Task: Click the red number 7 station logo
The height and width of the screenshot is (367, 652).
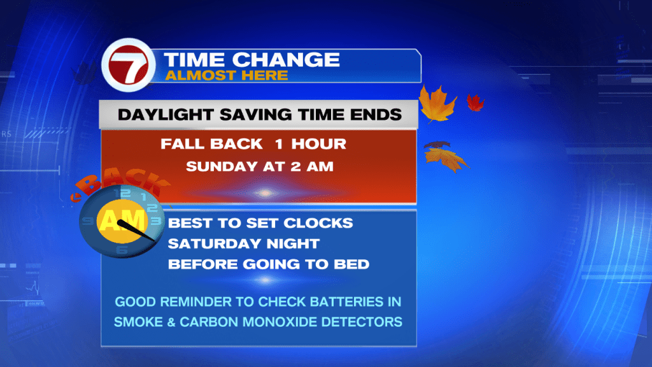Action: pos(129,65)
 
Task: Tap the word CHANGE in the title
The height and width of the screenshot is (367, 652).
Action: pos(286,59)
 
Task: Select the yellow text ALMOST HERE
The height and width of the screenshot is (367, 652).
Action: pos(227,75)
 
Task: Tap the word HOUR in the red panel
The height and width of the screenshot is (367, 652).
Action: pos(318,144)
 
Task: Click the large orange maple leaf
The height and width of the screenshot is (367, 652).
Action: pos(437,104)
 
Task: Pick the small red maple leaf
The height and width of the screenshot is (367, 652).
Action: pos(475,103)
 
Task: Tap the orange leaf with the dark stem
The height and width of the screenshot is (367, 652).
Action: pos(446,157)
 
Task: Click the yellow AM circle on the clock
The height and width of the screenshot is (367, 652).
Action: pos(122,220)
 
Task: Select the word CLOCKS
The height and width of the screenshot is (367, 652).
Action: pos(318,223)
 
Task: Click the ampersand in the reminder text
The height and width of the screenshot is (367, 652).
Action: pos(171,322)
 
